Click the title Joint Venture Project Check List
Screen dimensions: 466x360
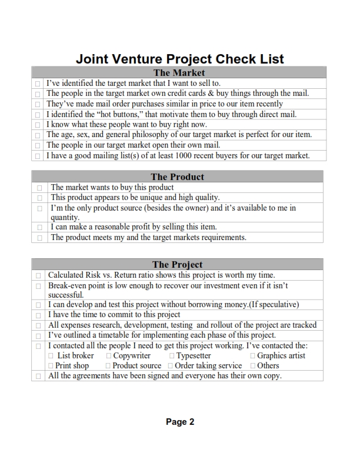coord(179,59)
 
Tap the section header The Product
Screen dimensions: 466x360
coord(177,177)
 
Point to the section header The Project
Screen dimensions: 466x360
coord(177,265)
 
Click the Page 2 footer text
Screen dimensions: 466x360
coord(180,421)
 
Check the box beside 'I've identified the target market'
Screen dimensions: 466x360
coord(38,84)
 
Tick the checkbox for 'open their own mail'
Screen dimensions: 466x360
coord(38,145)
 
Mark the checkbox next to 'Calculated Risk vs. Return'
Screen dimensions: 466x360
coord(38,275)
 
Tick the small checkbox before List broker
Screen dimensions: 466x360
coord(51,356)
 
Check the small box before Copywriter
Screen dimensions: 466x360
coord(109,356)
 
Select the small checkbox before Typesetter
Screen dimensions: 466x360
coord(172,356)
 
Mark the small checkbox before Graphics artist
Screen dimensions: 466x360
coord(252,356)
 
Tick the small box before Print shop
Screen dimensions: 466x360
coord(51,366)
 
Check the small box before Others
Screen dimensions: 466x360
coord(252,366)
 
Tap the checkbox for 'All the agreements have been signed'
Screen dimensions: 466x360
coord(38,376)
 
